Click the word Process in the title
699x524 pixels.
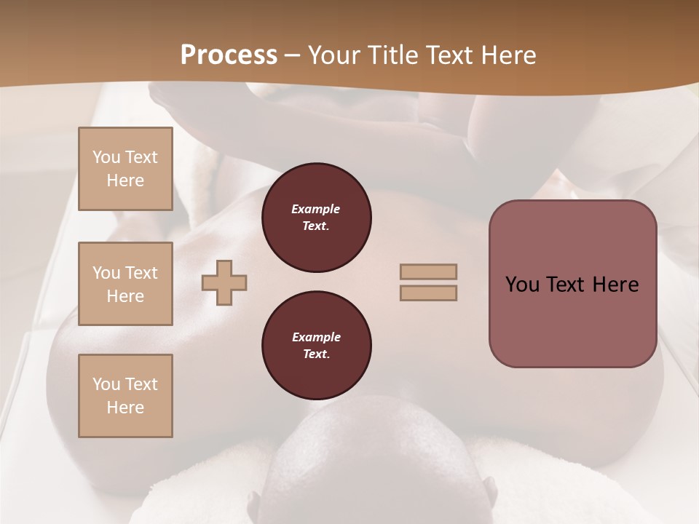tap(229, 55)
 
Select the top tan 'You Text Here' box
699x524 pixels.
tap(125, 169)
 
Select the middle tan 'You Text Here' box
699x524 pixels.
tap(125, 284)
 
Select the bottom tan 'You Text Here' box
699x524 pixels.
tap(125, 396)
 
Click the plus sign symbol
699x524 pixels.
tap(224, 283)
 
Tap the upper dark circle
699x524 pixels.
tap(316, 218)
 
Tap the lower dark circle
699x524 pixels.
tap(316, 346)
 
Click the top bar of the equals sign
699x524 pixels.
tap(429, 271)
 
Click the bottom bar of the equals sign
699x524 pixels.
tap(429, 293)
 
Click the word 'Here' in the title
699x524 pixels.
tap(508, 55)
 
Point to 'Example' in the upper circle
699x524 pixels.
tap(316, 209)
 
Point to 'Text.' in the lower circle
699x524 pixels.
tap(316, 354)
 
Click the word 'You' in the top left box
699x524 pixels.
tap(106, 157)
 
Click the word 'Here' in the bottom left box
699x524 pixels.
tap(125, 408)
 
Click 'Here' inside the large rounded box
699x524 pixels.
tap(615, 285)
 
